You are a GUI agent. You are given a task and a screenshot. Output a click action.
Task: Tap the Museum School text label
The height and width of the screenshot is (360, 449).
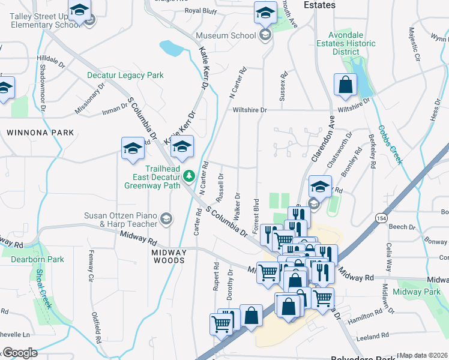[x=226, y=35]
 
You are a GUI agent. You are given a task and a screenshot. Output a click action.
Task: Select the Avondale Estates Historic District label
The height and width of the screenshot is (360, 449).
[x=354, y=43]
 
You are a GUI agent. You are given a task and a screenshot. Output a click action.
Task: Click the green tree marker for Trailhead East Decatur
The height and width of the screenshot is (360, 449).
[x=190, y=176]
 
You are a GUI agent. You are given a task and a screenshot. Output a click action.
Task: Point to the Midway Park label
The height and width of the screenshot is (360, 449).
[x=417, y=292]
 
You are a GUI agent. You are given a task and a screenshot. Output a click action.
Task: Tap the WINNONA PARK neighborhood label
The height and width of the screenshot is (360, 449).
[x=40, y=132]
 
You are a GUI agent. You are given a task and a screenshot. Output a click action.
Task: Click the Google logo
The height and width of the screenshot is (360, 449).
[x=20, y=352]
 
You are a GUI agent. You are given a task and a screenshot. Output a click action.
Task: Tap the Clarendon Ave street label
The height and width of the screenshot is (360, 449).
[x=322, y=137]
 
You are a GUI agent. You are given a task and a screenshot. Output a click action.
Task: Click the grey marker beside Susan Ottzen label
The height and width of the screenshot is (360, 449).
[x=165, y=220]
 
